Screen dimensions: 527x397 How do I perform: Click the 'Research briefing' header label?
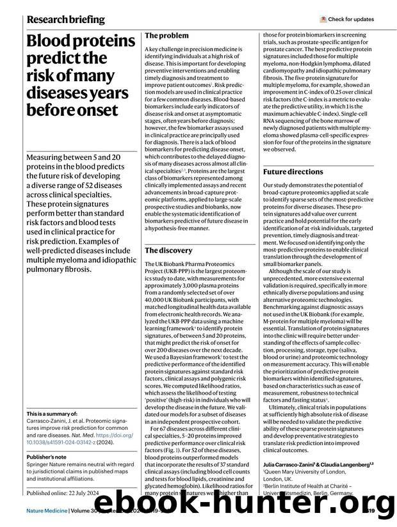(66, 19)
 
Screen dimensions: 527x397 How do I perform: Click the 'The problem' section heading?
(166, 36)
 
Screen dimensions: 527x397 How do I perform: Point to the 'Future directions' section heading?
(293, 171)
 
